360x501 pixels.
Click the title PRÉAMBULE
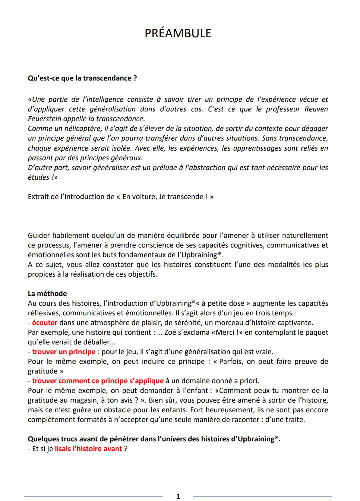(x=178, y=34)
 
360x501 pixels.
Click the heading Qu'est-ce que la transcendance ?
(x=82, y=78)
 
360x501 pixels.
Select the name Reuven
(x=316, y=109)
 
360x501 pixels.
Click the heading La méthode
(x=47, y=294)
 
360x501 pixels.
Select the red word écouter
(x=45, y=323)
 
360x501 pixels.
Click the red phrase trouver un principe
(x=64, y=352)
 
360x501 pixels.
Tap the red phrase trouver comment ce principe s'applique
(x=98, y=381)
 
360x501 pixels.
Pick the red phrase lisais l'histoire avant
(x=88, y=449)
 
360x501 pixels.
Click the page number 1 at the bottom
(x=178, y=496)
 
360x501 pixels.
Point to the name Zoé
(x=171, y=333)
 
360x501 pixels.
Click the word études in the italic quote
(x=38, y=177)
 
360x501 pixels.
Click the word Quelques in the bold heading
(x=44, y=439)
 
